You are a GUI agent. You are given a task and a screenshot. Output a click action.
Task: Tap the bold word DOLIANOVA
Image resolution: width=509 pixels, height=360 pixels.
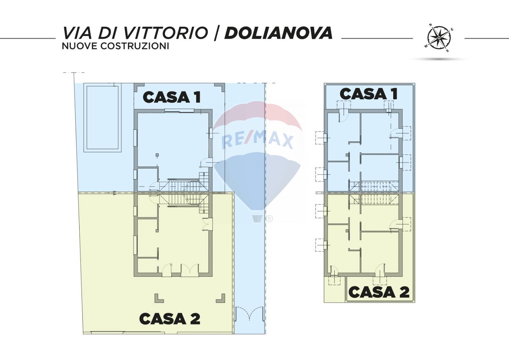point(279,33)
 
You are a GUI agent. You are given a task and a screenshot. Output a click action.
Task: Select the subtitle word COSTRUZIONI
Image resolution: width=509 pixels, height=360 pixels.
point(135,46)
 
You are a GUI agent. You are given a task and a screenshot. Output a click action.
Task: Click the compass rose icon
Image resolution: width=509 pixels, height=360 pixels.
point(439,38)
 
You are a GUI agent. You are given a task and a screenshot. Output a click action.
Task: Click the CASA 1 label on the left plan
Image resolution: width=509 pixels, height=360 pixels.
point(172,97)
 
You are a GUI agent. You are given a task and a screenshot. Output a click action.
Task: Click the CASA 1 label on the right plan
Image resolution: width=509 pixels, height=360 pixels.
point(368,94)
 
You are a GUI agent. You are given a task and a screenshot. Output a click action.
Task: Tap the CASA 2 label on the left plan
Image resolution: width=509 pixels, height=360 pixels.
point(170,319)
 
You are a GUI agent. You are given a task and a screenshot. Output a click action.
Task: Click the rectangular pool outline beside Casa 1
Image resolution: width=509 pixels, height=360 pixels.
point(102,118)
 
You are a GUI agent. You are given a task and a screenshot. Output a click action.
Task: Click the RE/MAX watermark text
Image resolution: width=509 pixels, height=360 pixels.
point(257,140)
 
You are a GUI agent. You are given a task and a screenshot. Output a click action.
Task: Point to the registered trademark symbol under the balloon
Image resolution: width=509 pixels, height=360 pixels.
point(269,219)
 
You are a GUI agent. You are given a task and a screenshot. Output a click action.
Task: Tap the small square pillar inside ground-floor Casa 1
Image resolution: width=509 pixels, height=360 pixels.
point(157,155)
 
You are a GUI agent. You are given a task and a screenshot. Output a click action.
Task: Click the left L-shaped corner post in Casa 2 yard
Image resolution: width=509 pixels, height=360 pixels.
point(159,299)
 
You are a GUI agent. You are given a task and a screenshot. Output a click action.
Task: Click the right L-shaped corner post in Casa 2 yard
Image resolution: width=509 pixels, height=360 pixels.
point(221,299)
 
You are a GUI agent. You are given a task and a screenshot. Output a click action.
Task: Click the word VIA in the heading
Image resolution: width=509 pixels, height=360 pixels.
point(77,33)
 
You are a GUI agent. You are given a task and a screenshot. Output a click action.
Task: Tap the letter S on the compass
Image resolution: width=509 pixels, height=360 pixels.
point(447,51)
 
